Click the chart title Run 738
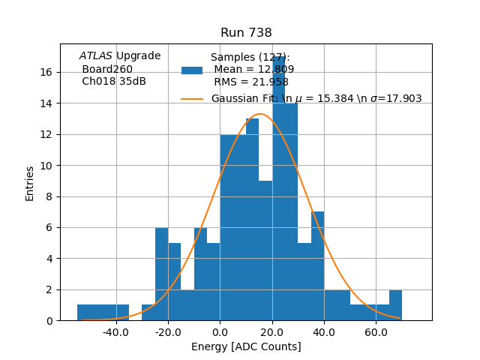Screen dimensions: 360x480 pos(246,33)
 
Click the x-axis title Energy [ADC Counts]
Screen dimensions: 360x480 pos(246,346)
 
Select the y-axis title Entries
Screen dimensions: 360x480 pos(30,183)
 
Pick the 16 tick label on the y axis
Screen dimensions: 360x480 pos(46,72)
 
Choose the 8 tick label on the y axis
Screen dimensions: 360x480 pos(49,196)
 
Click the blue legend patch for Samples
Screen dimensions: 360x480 pos(192,70)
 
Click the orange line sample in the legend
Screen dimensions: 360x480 pos(192,99)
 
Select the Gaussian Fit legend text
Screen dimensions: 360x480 pos(316,99)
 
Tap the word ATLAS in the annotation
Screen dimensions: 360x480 pos(95,56)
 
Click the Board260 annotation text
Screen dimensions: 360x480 pos(107,69)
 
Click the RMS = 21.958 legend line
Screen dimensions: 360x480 pos(250,82)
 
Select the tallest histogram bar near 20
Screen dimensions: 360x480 pos(278,187)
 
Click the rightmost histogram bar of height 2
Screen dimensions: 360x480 pos(395,305)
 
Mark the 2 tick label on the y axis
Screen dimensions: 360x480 pos(49,289)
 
